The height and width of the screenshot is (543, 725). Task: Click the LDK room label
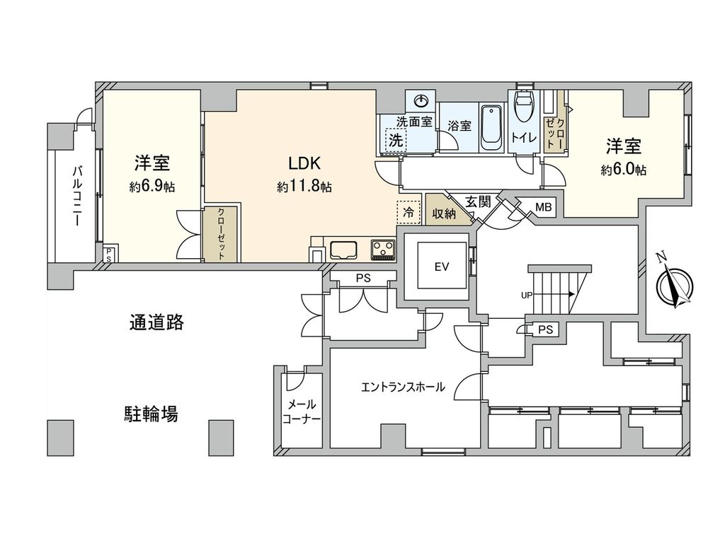click(304, 163)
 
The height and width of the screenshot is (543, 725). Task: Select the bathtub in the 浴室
click(491, 128)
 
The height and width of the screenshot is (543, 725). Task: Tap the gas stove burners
click(384, 250)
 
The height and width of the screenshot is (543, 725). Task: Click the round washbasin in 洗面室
click(421, 100)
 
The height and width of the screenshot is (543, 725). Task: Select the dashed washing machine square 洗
click(395, 139)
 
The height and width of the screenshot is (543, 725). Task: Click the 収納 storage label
click(445, 214)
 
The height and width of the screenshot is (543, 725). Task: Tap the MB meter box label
click(543, 207)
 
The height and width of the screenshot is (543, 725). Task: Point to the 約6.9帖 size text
click(152, 187)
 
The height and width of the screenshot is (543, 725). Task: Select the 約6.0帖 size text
click(624, 170)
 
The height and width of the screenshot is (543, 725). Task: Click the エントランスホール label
click(403, 387)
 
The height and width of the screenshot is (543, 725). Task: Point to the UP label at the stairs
click(526, 296)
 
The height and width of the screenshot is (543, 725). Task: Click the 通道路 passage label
click(156, 322)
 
